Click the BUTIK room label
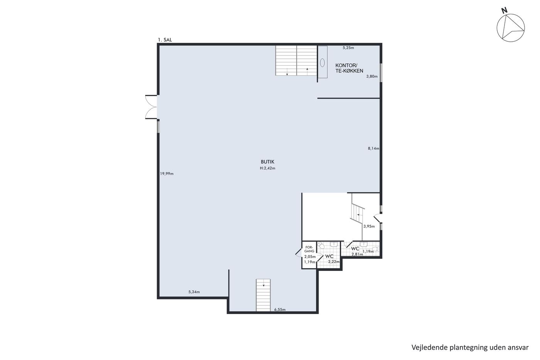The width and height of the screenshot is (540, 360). click(x=268, y=162)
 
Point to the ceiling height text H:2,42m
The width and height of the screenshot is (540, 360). click(x=268, y=168)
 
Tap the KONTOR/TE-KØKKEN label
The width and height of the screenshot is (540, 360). click(x=349, y=68)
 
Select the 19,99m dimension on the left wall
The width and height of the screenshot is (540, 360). click(x=167, y=174)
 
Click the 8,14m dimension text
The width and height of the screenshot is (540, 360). click(x=373, y=149)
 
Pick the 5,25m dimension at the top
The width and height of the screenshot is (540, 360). click(x=348, y=48)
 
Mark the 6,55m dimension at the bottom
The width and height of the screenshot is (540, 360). click(x=280, y=309)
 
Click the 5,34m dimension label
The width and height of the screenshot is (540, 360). click(x=194, y=292)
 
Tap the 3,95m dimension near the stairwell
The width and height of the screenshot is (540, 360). click(x=369, y=226)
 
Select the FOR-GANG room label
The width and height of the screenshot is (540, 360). click(x=309, y=249)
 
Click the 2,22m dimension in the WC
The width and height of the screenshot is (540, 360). click(x=334, y=262)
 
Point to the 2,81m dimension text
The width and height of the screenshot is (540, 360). click(x=357, y=254)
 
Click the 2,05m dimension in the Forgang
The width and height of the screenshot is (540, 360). click(x=310, y=257)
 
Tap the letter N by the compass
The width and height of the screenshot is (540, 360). click(x=504, y=10)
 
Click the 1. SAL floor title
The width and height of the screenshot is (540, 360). click(x=165, y=40)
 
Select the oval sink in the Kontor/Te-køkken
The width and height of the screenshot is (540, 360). click(x=322, y=63)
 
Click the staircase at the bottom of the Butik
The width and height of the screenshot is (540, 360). click(x=263, y=295)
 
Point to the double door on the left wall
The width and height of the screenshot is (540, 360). click(x=151, y=107)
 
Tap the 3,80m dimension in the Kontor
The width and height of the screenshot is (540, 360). click(x=372, y=76)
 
